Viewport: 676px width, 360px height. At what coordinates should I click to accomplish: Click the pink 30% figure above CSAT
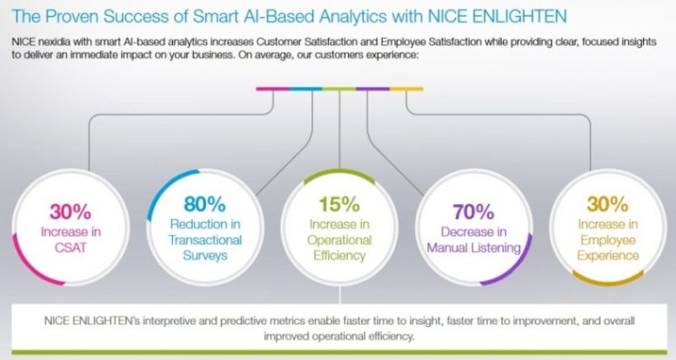point(70,211)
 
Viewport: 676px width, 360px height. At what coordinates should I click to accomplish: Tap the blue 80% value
point(204,204)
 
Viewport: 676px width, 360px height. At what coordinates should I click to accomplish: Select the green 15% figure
point(339,204)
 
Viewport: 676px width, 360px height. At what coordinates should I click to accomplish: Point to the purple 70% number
point(473,211)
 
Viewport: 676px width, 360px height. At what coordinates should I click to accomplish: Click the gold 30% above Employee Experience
point(607,204)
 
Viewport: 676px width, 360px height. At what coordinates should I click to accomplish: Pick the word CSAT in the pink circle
point(70,248)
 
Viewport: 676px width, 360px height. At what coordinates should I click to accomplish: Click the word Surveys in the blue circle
point(204,256)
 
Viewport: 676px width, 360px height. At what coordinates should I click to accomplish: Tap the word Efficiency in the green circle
point(339,256)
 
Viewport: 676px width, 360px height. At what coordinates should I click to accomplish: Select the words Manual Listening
point(474,248)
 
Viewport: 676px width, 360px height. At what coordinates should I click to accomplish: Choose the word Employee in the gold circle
point(608,240)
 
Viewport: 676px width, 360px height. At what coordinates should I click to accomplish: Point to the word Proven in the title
point(71,17)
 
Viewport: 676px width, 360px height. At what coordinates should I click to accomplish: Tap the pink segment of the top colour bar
point(272,89)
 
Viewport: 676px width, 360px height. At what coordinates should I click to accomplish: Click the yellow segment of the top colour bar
point(406,89)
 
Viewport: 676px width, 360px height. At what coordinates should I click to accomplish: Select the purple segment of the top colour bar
point(373,89)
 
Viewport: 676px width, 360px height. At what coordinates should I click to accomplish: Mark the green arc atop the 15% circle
point(339,170)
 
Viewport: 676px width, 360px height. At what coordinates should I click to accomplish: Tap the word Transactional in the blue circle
point(205,240)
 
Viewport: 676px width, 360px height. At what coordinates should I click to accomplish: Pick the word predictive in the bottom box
point(243,321)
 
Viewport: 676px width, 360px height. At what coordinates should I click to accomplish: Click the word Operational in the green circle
point(339,240)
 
